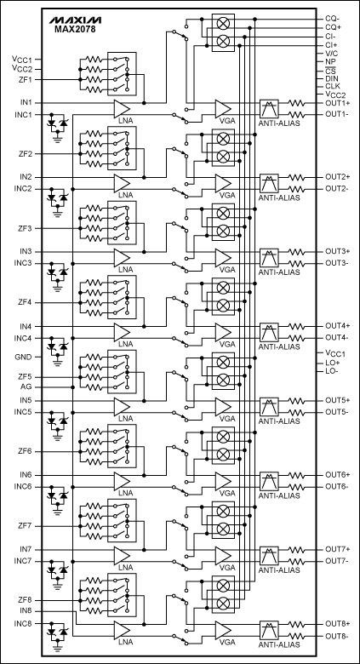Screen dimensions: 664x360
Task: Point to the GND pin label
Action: (23, 358)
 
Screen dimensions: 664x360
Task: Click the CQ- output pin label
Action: (333, 18)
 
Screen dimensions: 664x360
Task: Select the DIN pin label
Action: (332, 78)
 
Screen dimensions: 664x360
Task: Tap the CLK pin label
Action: (332, 87)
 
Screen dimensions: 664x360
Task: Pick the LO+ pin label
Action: (332, 362)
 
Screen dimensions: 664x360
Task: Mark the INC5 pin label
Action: (23, 412)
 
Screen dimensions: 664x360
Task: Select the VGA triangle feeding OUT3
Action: (223, 257)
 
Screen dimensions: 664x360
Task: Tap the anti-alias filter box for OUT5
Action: (269, 406)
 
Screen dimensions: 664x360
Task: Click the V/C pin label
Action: (332, 53)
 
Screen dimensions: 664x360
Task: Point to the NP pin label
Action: (331, 61)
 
